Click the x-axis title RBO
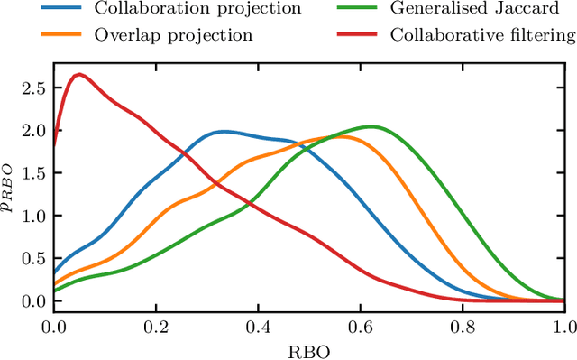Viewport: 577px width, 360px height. tap(308, 348)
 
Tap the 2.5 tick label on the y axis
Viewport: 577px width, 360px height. tap(32, 88)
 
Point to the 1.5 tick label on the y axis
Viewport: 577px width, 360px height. tap(32, 173)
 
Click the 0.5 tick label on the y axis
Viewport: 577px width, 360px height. tap(32, 259)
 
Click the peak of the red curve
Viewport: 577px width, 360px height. tap(79, 75)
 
